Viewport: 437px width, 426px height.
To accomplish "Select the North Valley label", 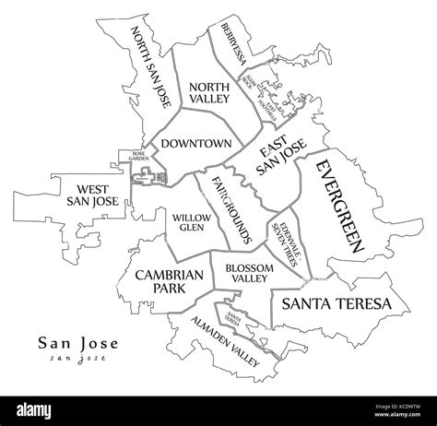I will (x=208, y=93).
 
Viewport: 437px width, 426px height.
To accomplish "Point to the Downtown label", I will (x=195, y=144).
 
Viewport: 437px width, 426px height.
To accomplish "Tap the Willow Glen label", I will (x=193, y=221).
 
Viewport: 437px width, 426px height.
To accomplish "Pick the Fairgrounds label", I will (x=231, y=207).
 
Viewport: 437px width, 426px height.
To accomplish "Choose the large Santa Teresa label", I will (x=337, y=303).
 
